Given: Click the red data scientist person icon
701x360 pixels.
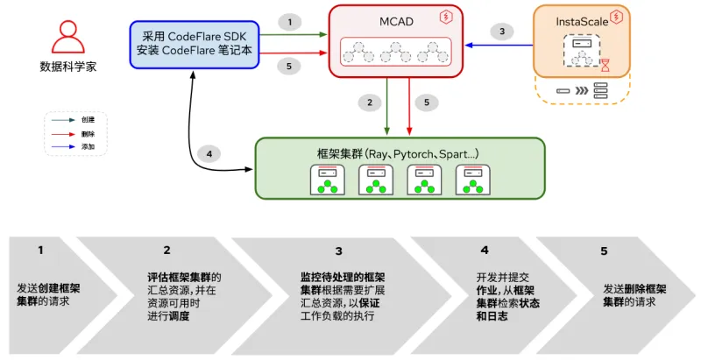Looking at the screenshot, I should (67, 38).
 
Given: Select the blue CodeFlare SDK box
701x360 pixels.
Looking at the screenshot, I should (195, 44).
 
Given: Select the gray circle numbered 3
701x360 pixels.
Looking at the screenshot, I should (501, 31).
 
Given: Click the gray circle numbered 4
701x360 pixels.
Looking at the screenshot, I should (209, 154).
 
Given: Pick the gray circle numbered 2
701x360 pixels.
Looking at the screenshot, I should (370, 102).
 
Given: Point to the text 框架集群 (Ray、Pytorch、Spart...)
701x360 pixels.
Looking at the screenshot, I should (397, 153).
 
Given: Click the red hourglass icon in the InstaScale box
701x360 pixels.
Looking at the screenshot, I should (605, 63).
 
